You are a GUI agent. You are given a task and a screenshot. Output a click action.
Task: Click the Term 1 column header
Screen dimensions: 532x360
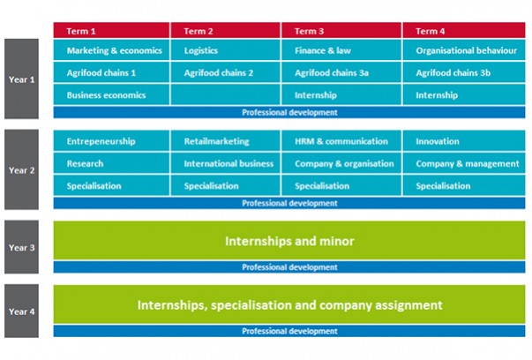(111, 31)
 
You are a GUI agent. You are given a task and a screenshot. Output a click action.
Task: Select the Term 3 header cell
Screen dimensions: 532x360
(341, 31)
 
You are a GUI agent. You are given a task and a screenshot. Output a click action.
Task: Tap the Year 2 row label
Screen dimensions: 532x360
(21, 169)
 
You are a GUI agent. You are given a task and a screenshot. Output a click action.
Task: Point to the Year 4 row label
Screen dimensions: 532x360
(21, 311)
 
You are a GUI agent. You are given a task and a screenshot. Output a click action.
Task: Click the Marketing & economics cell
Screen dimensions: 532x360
(111, 50)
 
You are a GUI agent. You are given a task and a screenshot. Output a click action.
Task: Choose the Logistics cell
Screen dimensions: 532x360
(226, 50)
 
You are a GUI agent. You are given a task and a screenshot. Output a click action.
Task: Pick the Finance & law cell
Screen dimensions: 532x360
(341, 50)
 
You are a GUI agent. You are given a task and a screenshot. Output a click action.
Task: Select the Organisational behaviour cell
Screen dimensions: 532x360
(464, 50)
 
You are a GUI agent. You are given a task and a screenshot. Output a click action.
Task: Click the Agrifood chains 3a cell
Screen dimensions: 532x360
(341, 72)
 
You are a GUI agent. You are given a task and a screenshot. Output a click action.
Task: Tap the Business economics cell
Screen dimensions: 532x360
(111, 94)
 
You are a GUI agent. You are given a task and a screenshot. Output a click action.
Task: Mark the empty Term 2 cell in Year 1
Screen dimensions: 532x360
(226, 94)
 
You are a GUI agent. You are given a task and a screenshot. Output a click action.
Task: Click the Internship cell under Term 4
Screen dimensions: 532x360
(464, 94)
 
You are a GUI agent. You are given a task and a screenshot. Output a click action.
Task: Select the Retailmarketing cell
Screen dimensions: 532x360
(226, 141)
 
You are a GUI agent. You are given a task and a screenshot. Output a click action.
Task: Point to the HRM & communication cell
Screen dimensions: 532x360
(341, 141)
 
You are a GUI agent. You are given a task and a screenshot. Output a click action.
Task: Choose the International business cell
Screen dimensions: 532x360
(226, 163)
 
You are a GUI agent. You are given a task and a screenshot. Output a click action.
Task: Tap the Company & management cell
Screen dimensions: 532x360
(464, 163)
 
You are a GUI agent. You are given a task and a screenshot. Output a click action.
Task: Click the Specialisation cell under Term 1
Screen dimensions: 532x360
(111, 185)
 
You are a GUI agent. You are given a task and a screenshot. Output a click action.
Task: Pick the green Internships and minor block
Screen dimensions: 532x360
(289, 241)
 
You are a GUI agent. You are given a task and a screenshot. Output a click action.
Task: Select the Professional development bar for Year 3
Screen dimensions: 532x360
(289, 267)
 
